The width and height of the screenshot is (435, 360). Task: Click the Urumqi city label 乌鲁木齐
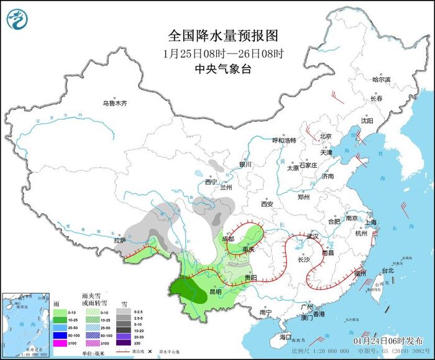(x=115, y=103)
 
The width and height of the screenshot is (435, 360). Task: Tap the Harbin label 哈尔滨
(x=381, y=80)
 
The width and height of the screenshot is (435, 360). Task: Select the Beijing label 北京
(x=326, y=136)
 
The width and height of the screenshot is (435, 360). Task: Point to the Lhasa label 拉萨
(x=119, y=240)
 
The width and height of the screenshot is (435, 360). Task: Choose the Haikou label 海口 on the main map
(x=285, y=336)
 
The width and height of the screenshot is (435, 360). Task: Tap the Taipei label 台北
(x=387, y=270)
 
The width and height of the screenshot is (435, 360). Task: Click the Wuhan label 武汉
(x=312, y=236)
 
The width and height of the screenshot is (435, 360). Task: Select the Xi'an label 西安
(x=267, y=203)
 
